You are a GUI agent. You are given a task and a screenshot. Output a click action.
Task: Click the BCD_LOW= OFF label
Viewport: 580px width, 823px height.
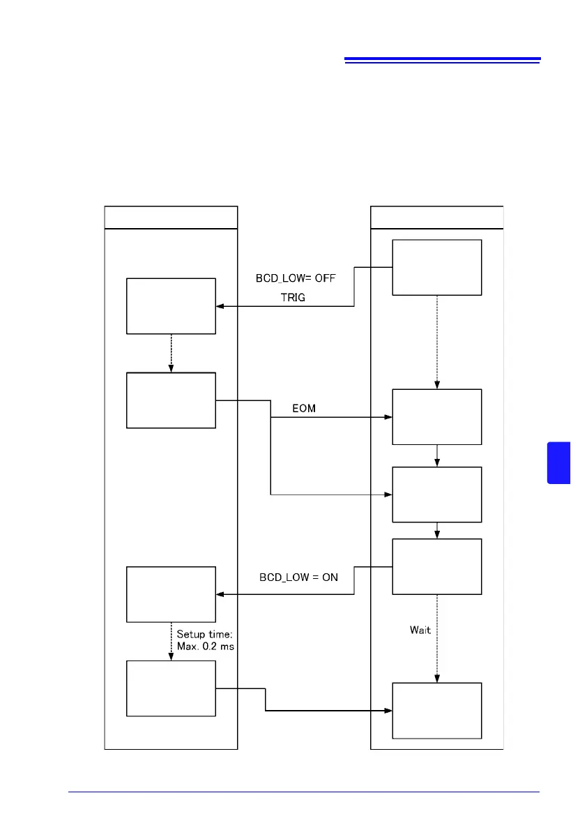(x=296, y=277)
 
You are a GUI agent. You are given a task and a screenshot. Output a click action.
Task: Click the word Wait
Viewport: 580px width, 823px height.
(x=420, y=630)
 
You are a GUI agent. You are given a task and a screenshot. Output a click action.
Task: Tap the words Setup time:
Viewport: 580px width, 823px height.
(x=201, y=634)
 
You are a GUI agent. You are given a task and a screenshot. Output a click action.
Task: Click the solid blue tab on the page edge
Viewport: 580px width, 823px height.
(x=559, y=462)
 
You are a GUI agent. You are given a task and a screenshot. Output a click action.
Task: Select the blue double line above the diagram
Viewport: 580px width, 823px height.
(x=443, y=61)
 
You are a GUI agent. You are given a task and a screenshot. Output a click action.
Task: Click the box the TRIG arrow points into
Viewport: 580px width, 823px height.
(x=171, y=306)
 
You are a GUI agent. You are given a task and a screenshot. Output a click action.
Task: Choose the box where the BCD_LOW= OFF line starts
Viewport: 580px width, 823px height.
(x=437, y=268)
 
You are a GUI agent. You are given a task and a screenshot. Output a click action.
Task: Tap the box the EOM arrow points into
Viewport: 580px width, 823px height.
(x=437, y=416)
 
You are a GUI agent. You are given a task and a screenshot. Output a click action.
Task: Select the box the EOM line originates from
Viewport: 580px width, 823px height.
(x=171, y=400)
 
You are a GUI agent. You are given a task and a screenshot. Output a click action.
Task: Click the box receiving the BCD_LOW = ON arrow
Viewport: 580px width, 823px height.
(x=171, y=594)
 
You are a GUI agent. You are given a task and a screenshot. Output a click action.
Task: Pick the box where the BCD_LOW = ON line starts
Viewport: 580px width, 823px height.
(x=437, y=566)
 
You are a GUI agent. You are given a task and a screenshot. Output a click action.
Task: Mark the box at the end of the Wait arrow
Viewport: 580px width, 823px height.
(x=437, y=710)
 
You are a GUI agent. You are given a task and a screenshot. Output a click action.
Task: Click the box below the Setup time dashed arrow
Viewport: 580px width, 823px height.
(x=171, y=688)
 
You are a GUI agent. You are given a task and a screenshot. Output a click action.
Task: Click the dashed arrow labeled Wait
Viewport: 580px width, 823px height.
(x=437, y=638)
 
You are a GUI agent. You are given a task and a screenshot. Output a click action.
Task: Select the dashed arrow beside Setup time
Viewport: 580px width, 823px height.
(x=171, y=640)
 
